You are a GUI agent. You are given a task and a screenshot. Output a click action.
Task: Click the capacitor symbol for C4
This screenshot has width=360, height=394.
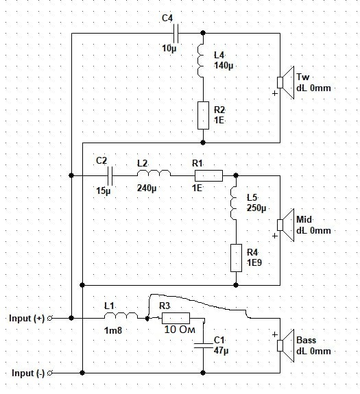coord(176,33)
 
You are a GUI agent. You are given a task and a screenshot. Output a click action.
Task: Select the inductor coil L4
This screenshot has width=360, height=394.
coord(200,60)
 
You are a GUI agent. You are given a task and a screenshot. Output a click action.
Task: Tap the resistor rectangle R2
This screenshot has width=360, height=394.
coord(203,115)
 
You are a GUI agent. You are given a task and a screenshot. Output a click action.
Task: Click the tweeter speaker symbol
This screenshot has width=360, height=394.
coord(286,82)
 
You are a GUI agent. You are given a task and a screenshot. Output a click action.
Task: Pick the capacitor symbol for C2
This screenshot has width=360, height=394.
coord(110,175)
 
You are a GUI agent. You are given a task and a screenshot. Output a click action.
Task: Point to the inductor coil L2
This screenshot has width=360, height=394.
coord(154,173)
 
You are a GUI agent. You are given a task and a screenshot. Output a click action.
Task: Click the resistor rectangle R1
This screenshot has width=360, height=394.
coord(208,175)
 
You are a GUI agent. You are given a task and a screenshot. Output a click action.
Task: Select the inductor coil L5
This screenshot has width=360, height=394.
coord(233,203)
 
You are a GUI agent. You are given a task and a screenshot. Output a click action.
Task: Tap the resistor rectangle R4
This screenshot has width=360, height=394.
coord(237,258)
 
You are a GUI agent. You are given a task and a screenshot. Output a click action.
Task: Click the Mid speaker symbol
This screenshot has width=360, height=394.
coord(286,225)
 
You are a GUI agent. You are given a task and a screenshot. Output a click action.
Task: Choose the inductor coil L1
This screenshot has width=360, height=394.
coord(121,316)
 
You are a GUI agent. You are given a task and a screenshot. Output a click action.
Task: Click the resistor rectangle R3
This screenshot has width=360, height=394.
coord(176,318)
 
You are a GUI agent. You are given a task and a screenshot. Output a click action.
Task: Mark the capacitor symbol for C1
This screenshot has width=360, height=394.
coord(204,345)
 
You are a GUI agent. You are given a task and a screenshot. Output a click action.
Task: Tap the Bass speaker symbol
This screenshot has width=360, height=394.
coord(286,345)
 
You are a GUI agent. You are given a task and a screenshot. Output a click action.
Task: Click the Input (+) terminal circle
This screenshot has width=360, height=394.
coord(50,318)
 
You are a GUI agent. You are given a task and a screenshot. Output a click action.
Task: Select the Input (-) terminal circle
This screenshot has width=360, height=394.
coord(50,373)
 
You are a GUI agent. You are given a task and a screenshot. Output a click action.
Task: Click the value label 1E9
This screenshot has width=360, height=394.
coord(254,263)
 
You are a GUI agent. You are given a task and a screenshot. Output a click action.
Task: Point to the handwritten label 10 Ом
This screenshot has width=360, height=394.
coord(180,330)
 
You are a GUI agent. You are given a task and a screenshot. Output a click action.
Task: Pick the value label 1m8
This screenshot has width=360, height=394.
coord(113,330)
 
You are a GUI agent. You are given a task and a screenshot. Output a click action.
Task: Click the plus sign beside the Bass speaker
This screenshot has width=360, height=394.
coord(275,334)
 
